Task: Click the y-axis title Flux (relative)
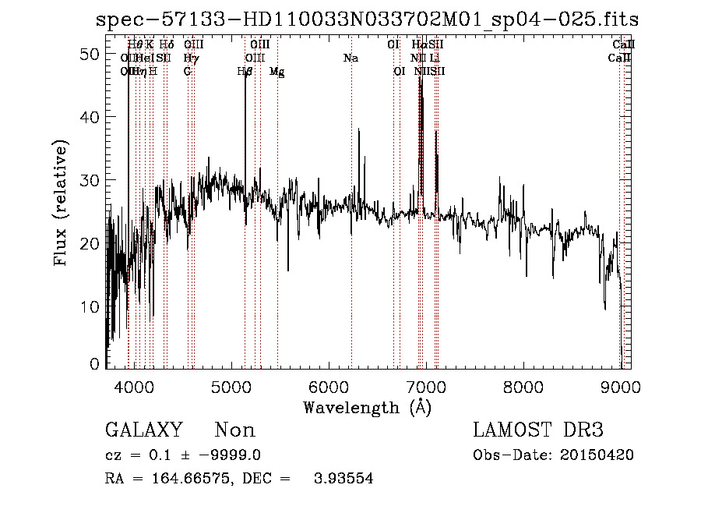point(61,203)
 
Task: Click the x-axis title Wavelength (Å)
point(367,407)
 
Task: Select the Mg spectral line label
point(277,72)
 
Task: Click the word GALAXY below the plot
point(144,430)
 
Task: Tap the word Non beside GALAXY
point(234,430)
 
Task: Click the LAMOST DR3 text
point(538,430)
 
